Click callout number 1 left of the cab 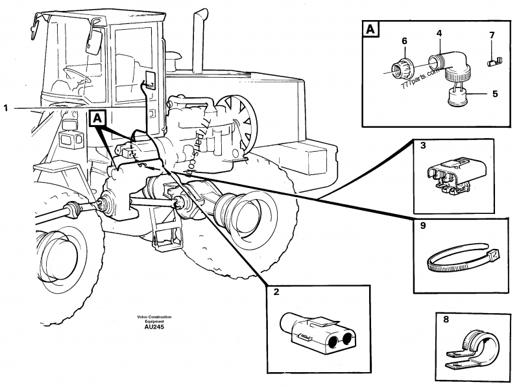pyautogui.click(x=6, y=108)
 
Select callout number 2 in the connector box pyautogui.click(x=276, y=292)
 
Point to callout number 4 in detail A pyautogui.click(x=439, y=32)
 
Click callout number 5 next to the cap pyautogui.click(x=494, y=93)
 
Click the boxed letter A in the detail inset pyautogui.click(x=369, y=29)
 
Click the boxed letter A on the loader pyautogui.click(x=97, y=118)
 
